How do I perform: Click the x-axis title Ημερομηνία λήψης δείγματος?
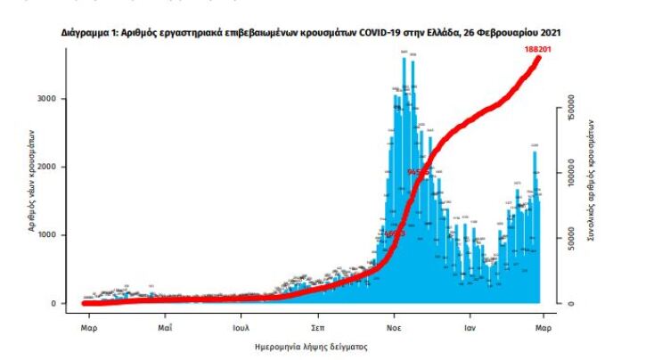coord(311,344)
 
